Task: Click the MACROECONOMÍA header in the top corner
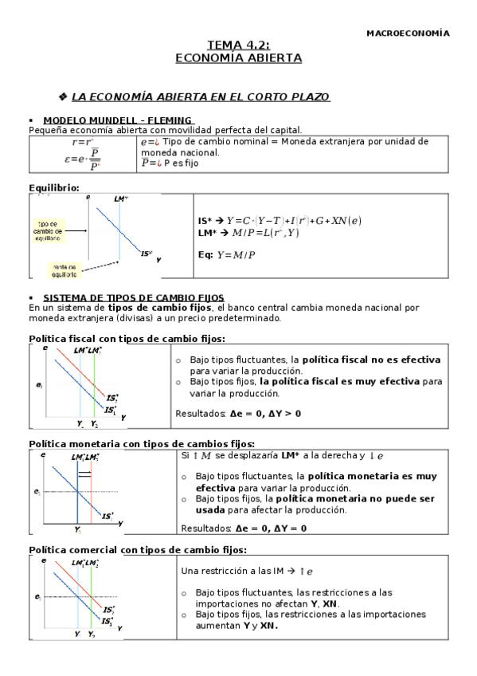click(x=407, y=33)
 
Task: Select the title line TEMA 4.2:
click(x=238, y=46)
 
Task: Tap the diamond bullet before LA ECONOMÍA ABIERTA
click(x=64, y=96)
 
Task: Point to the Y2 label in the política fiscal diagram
click(x=95, y=423)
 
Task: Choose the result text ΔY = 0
click(x=290, y=528)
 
